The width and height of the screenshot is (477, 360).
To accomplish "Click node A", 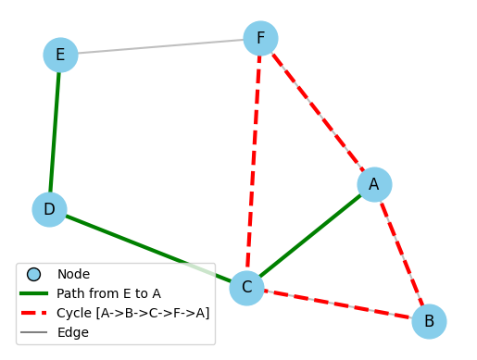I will tap(374, 184).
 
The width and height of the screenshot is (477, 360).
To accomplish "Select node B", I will tap(429, 321).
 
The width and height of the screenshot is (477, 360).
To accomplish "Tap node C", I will tap(246, 288).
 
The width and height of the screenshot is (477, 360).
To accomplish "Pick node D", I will tap(49, 209).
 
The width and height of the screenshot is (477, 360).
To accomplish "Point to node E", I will tap(60, 55).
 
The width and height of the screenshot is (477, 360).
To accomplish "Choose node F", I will tap(260, 38).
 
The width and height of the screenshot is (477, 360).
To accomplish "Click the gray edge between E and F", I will tap(160, 46).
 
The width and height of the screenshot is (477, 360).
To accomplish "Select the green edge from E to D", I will tap(55, 132).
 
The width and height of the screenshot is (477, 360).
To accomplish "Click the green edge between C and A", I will tap(310, 236).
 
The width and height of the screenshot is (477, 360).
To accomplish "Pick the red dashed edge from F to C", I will tap(254, 163).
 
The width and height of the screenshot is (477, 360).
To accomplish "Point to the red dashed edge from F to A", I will tap(318, 111).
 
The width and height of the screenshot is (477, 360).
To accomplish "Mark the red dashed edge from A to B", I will tap(402, 253).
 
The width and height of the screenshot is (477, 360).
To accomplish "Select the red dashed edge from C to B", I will tap(338, 304).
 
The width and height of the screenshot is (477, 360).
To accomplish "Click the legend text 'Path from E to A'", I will tap(108, 293).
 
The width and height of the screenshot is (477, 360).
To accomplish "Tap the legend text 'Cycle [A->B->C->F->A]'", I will tap(132, 313).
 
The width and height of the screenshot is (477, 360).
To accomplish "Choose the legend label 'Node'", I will tap(73, 274).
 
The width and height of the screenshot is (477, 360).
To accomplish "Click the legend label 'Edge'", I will tap(72, 332).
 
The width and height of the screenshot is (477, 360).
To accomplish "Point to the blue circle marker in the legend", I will tap(34, 274).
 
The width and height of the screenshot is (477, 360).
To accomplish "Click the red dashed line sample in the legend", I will tap(34, 313).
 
